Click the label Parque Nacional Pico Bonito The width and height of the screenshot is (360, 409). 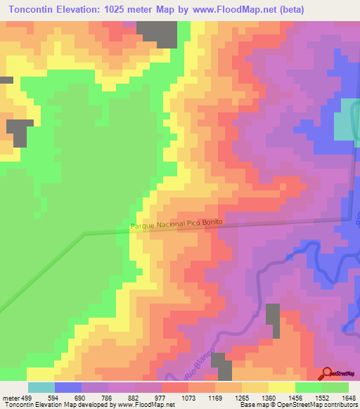click(176, 223)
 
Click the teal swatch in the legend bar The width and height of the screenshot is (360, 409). click(41, 387)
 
